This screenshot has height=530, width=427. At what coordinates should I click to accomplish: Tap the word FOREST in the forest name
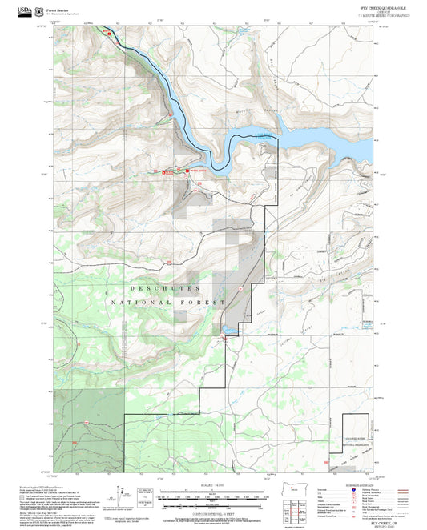click(204, 303)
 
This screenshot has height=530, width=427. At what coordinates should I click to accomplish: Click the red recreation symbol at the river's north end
click(109, 33)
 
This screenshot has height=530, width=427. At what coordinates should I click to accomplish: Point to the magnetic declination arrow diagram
click(131, 497)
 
